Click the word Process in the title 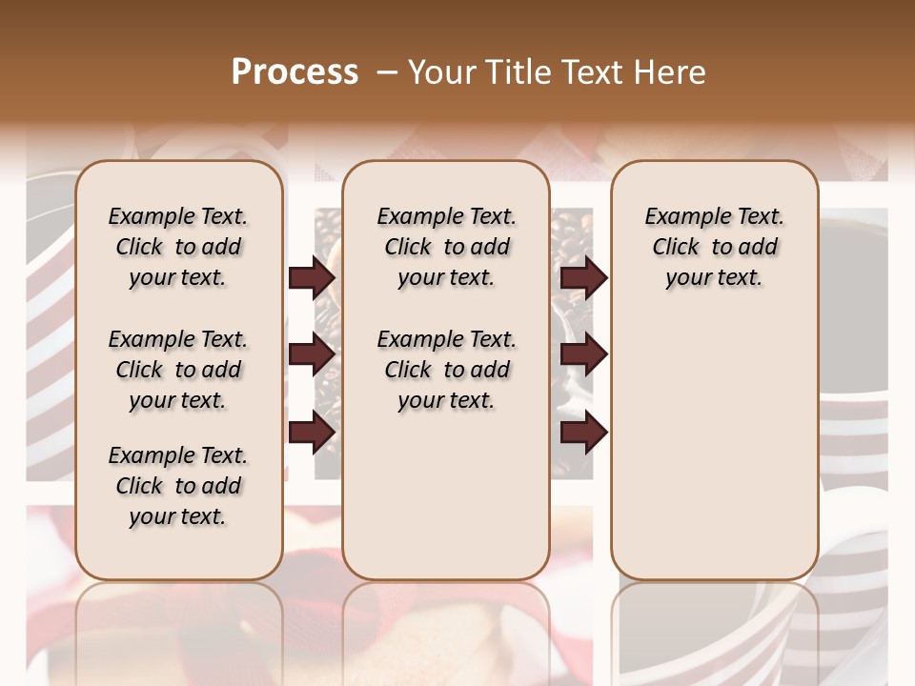click(x=295, y=72)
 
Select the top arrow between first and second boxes click(x=312, y=277)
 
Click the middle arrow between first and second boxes click(x=312, y=354)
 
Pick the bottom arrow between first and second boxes click(x=312, y=432)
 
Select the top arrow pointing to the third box click(x=583, y=277)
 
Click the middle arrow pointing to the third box click(x=583, y=354)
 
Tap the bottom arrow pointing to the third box click(x=583, y=432)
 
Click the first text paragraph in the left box click(x=178, y=247)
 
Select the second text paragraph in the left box click(x=178, y=370)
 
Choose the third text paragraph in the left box click(x=178, y=486)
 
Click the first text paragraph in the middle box click(x=446, y=247)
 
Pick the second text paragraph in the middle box click(x=446, y=370)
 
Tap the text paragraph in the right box click(x=714, y=247)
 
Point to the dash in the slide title click(x=387, y=72)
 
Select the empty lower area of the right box click(x=714, y=448)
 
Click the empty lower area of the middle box click(x=446, y=495)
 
